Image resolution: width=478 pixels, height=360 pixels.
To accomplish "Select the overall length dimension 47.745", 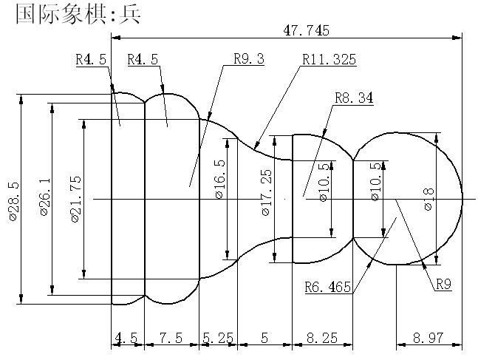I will pyautogui.click(x=306, y=30).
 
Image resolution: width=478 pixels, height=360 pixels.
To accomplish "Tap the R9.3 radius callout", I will pyautogui.click(x=248, y=59).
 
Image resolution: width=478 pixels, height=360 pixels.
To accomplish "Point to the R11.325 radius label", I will pyautogui.click(x=329, y=59).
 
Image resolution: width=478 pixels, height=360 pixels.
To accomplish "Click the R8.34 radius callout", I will pyautogui.click(x=353, y=98).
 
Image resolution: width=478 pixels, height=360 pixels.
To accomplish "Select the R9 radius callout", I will pyautogui.click(x=443, y=284).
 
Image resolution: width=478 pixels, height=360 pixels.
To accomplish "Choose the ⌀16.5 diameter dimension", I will pyautogui.click(x=219, y=179).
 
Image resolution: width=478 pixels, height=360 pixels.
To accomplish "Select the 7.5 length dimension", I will pyautogui.click(x=171, y=338).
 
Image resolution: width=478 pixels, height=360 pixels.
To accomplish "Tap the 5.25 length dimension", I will pyautogui.click(x=217, y=338).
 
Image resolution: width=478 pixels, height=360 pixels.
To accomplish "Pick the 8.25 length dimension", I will pyautogui.click(x=321, y=338).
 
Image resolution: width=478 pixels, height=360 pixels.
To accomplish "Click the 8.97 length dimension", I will pyautogui.click(x=429, y=338).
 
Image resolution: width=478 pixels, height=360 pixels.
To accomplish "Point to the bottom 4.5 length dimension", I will pyautogui.click(x=126, y=338).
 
